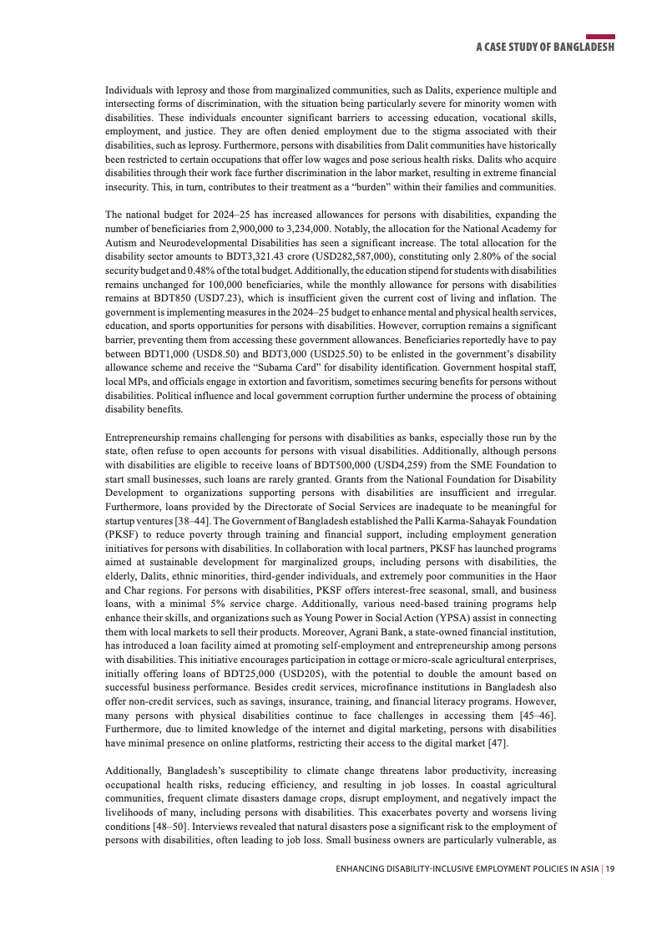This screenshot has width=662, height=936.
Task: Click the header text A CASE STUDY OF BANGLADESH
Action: [545, 48]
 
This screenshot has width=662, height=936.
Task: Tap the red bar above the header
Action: [600, 37]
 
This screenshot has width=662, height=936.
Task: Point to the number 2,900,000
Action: [280, 228]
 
